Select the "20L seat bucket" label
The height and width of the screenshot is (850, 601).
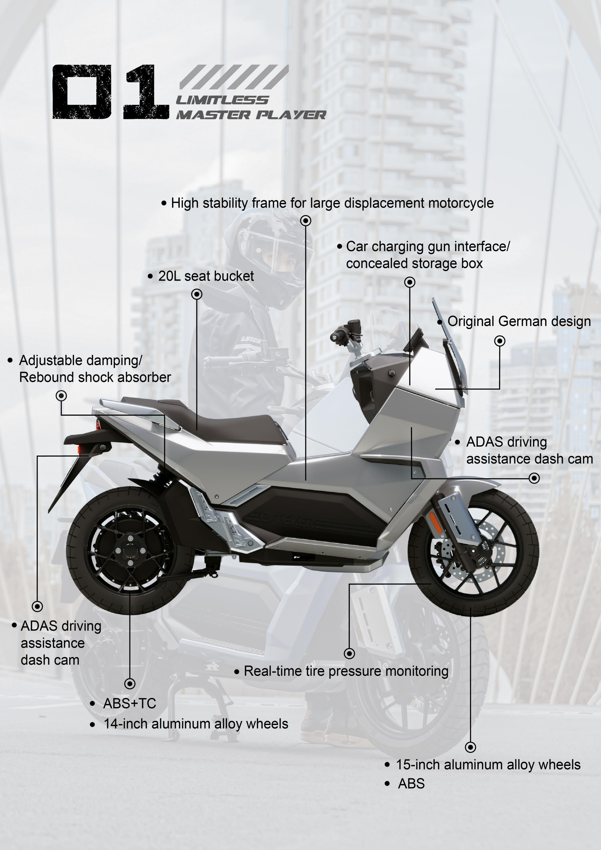pyautogui.click(x=206, y=276)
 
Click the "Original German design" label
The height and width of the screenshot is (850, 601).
pyautogui.click(x=519, y=321)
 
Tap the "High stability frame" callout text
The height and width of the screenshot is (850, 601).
pyautogui.click(x=332, y=203)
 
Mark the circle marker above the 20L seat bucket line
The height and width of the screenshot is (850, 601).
pyautogui.click(x=197, y=294)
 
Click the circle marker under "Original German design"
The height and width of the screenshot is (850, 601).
pyautogui.click(x=500, y=341)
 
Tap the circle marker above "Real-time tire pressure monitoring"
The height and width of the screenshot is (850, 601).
pyautogui.click(x=349, y=653)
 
